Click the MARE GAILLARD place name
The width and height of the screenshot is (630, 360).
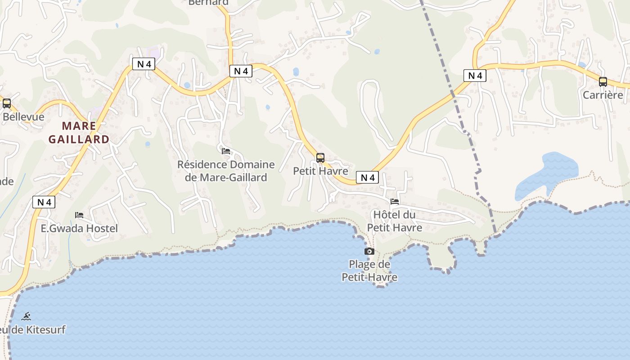click(79, 132)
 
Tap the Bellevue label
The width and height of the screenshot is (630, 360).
click(23, 117)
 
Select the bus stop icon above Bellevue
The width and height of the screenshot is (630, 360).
click(7, 103)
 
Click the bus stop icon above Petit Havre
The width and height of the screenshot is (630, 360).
click(320, 158)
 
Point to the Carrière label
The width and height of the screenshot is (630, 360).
click(603, 95)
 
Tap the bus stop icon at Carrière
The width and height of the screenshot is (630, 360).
click(603, 82)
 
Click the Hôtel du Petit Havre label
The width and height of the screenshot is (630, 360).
click(395, 221)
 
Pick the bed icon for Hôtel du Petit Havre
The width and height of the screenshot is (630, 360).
click(395, 202)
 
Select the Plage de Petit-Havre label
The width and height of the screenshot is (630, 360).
click(369, 270)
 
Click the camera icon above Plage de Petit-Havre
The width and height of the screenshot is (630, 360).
click(369, 252)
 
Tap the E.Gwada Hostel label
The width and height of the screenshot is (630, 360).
click(79, 229)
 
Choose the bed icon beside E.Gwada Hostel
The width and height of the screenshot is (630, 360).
click(79, 215)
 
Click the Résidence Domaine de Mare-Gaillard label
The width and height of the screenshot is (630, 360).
click(226, 171)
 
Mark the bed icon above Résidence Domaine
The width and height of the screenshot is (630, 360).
click(226, 151)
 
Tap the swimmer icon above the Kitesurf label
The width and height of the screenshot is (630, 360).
click(26, 316)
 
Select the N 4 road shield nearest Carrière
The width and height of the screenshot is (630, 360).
click(475, 76)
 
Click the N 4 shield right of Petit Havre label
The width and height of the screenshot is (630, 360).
click(368, 177)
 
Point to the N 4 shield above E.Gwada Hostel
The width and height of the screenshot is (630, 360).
click(44, 202)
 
